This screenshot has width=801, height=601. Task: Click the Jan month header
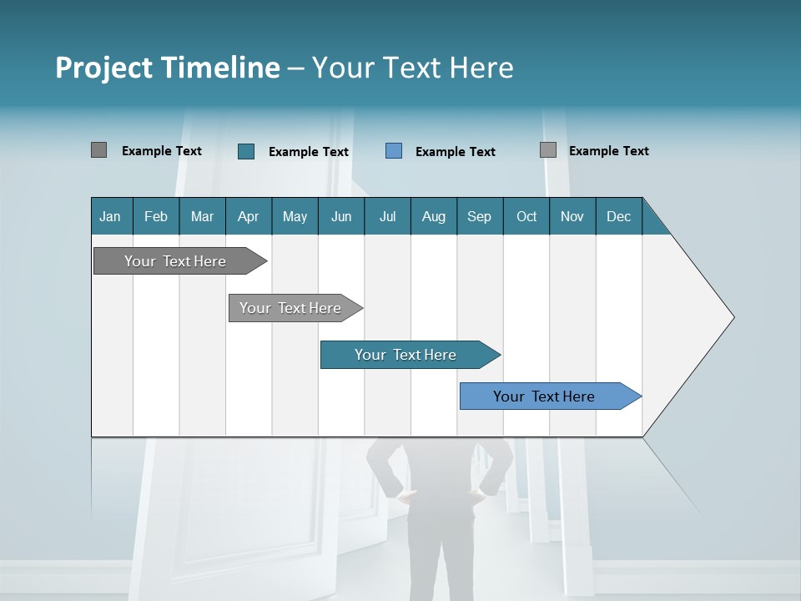tap(110, 216)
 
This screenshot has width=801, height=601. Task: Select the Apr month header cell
tap(248, 216)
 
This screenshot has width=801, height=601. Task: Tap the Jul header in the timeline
tap(387, 216)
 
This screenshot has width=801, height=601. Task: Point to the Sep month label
tap(479, 216)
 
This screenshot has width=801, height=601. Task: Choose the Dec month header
tap(618, 216)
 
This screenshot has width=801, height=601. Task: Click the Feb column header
tap(156, 216)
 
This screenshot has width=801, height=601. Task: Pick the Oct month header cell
tap(526, 216)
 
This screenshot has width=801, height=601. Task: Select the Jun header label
tap(341, 216)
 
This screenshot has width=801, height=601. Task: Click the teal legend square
tap(246, 151)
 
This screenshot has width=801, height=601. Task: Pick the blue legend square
tap(394, 151)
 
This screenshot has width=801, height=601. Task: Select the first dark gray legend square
tap(98, 150)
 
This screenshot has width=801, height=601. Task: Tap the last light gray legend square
tap(548, 150)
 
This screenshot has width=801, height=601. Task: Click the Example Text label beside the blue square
tap(455, 152)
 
